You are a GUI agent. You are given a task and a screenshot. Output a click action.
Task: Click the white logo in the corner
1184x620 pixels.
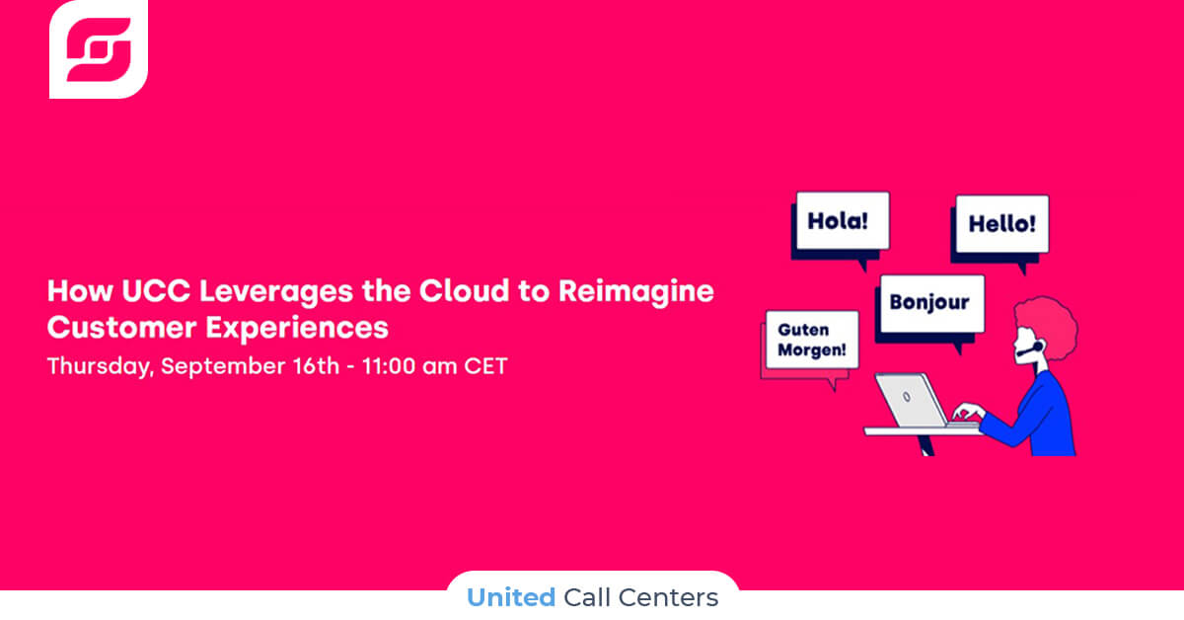point(99,49)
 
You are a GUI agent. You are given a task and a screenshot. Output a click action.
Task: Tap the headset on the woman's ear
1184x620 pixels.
point(1031,349)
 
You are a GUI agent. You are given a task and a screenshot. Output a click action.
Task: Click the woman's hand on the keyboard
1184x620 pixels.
point(968,411)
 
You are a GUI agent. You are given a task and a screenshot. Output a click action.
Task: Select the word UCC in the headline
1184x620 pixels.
point(156,291)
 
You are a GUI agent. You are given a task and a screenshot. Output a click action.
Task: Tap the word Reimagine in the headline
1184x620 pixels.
point(636,292)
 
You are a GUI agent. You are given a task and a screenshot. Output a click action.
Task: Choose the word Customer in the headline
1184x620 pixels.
point(122,328)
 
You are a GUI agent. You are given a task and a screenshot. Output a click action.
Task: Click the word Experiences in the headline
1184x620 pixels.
point(297,329)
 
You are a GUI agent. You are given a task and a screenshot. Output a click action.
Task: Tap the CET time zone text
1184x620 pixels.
point(485,366)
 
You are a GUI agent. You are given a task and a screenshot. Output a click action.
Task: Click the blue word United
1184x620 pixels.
point(511,597)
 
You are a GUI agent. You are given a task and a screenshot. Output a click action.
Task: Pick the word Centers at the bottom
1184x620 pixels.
point(669,597)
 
